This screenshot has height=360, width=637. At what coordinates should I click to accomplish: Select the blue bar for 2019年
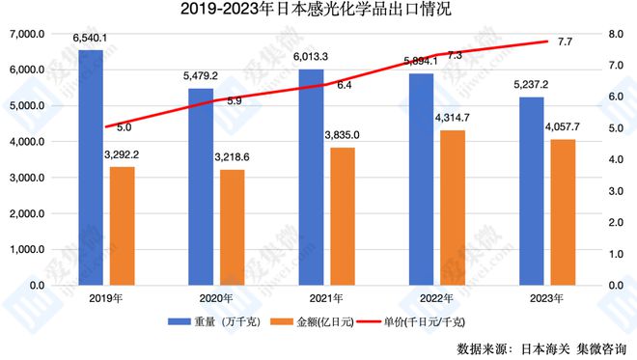tap(91, 168)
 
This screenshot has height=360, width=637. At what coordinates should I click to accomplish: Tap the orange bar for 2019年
tap(122, 227)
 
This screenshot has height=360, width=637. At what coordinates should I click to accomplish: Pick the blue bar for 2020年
tap(200, 187)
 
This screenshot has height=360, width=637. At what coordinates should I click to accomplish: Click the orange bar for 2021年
tap(341, 217)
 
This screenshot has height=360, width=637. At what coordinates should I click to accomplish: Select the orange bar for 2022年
tap(451, 208)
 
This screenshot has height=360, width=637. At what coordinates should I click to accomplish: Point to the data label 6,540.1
tap(91, 39)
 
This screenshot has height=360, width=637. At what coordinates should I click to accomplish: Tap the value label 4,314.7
tap(451, 119)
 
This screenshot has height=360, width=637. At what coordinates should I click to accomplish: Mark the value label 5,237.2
tap(530, 85)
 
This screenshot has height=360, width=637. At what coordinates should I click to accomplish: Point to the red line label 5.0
tap(124, 126)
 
